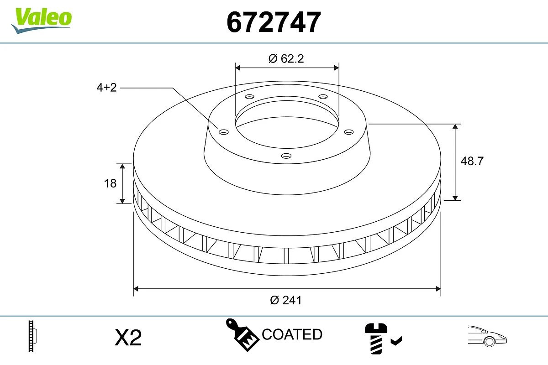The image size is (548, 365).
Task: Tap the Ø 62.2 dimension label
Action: [286, 58]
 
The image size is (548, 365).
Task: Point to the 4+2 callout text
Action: [106, 88]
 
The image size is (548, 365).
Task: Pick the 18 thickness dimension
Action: [110, 183]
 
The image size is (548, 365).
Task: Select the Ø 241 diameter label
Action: [286, 300]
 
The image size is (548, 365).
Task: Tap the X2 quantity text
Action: [128, 338]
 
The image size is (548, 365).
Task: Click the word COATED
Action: [292, 334]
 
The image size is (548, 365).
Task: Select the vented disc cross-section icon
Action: [32, 336]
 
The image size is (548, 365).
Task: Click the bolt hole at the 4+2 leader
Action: [223, 132]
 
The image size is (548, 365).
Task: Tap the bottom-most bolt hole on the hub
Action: [286, 156]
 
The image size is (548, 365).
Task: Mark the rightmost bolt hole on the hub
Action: [349, 132]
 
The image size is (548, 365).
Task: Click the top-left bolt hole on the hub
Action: [249, 97]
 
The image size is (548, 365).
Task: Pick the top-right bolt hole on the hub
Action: [323, 97]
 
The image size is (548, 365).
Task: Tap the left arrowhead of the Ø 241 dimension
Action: [136, 288]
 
